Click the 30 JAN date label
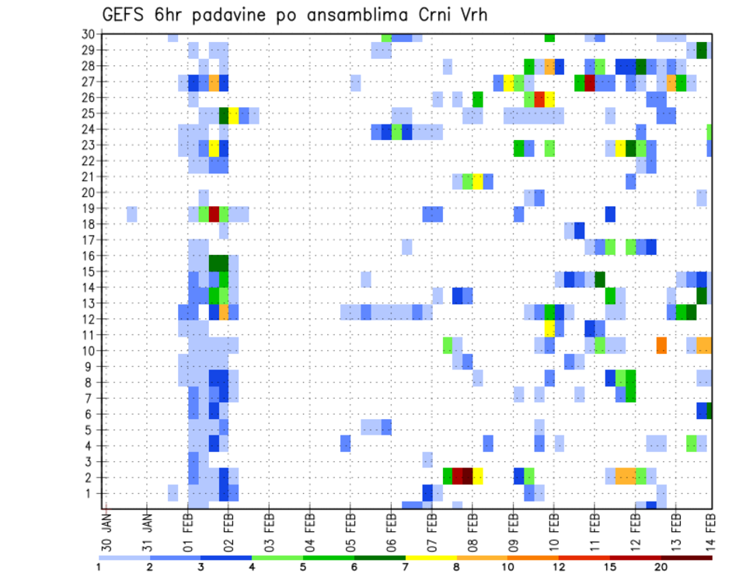[x=107, y=527]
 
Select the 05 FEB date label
[x=350, y=527]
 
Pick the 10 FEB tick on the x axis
[x=553, y=527]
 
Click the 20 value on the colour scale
[x=661, y=566]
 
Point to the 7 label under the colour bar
[x=405, y=566]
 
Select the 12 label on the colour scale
[x=558, y=566]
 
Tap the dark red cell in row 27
[x=589, y=82]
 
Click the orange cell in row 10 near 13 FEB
[x=661, y=344]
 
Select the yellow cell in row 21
[x=477, y=181]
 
